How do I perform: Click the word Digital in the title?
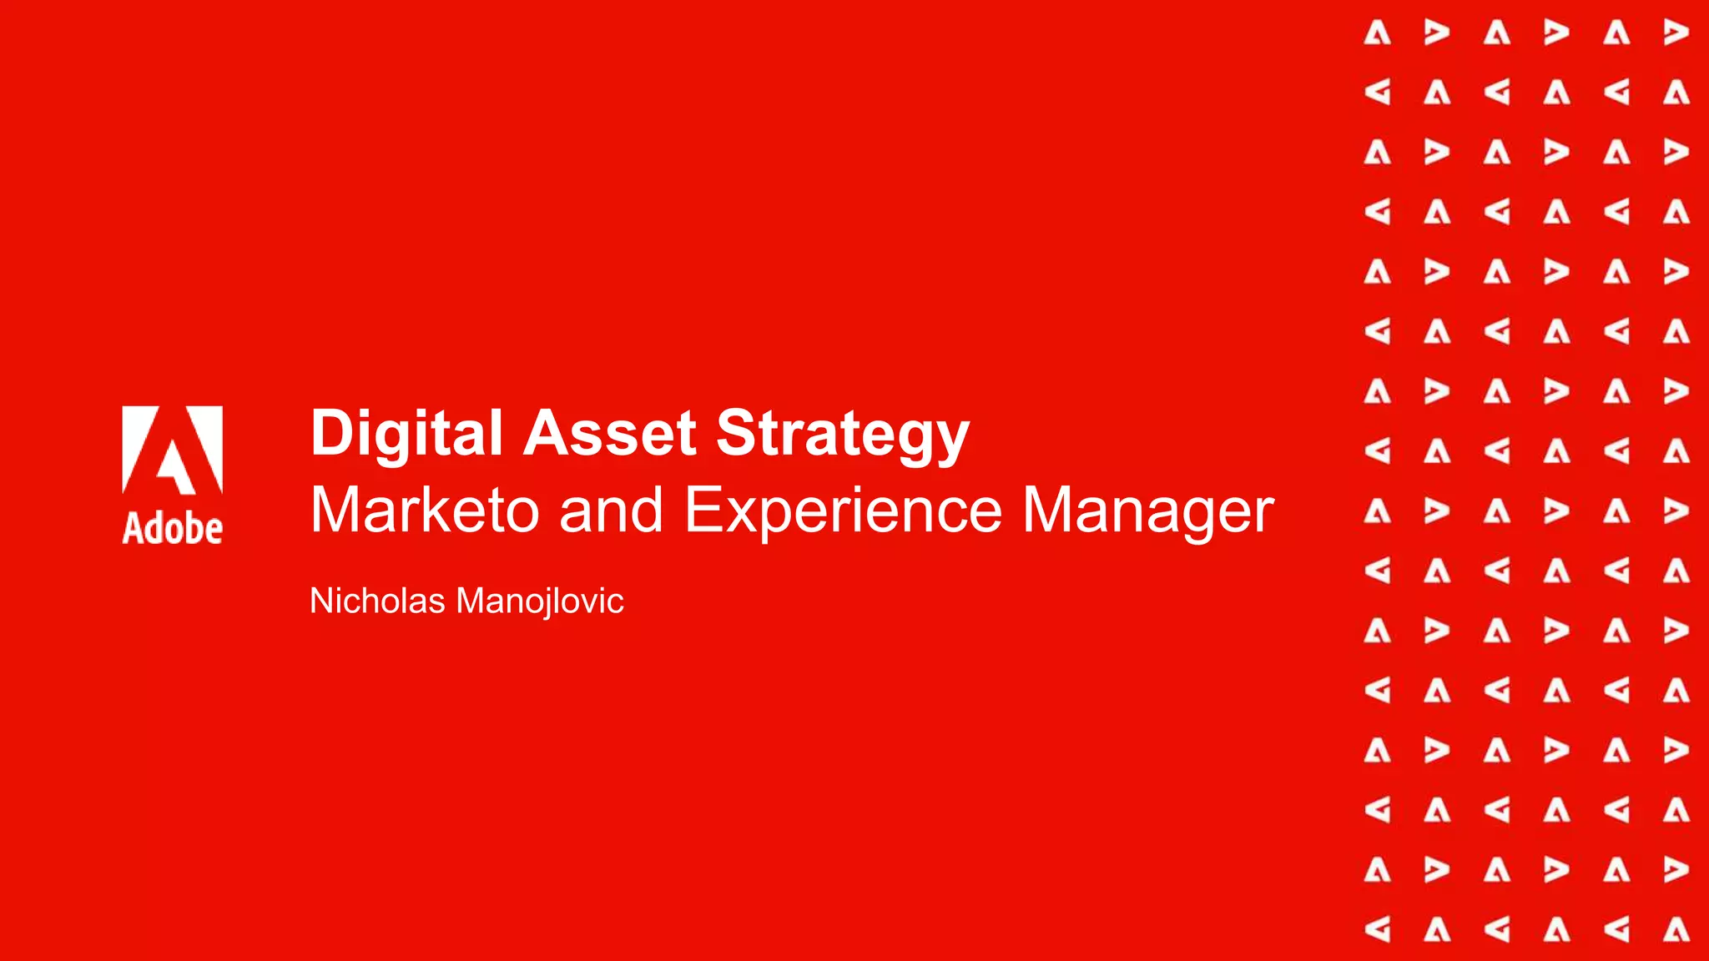coord(406,434)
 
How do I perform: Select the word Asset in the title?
coord(609,434)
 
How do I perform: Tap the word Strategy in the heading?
coord(843,434)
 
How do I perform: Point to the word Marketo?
coord(425,510)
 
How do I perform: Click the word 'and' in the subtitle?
coord(611,510)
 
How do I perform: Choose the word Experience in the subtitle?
coord(843,510)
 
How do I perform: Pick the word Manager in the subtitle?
coord(1148,510)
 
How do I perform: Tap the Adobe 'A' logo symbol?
coord(173,450)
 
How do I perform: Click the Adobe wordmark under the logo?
coord(173,529)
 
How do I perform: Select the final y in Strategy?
coord(953,440)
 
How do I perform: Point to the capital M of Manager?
coord(1050,510)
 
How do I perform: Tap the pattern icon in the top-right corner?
coord(1676,33)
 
